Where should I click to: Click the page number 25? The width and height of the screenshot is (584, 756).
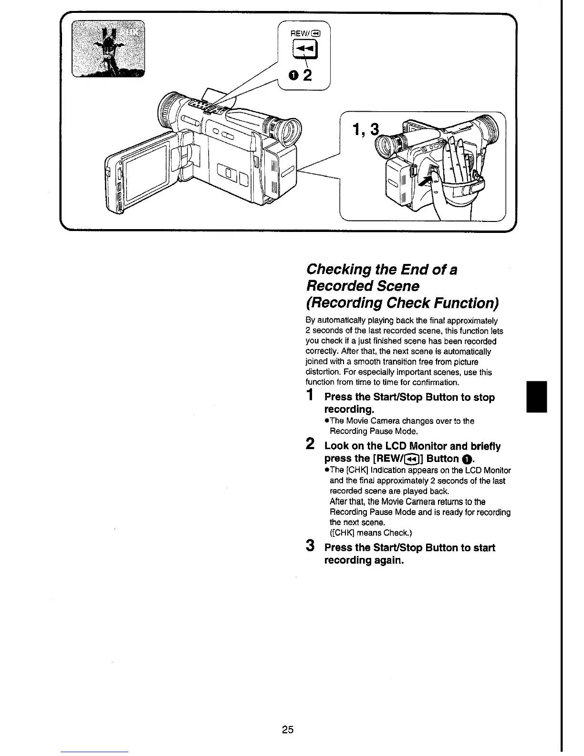[x=287, y=729]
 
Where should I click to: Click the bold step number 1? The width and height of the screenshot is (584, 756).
[x=310, y=395]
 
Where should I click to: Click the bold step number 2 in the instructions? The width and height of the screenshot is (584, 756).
[x=310, y=444]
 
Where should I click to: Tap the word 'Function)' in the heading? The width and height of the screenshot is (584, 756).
[x=465, y=303]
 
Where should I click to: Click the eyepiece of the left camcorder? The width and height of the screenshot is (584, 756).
[x=291, y=132]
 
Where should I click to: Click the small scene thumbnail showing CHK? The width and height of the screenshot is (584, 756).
[x=109, y=49]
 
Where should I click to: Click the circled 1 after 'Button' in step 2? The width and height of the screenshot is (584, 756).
[x=467, y=459]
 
